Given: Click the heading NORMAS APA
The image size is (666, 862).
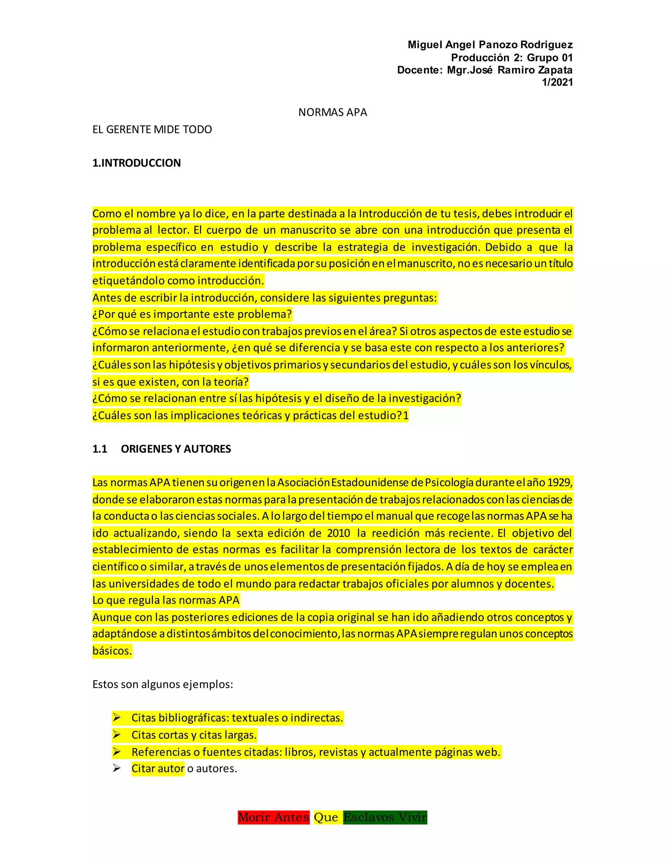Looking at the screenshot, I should [333, 113].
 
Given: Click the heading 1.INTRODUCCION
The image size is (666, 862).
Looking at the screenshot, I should [137, 163].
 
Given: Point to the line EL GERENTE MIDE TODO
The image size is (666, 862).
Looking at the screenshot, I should [152, 129].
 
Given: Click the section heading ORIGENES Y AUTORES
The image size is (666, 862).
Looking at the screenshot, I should [176, 449].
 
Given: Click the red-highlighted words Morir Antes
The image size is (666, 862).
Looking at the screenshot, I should [273, 817].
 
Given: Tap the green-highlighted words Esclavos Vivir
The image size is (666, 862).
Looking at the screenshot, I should [385, 817].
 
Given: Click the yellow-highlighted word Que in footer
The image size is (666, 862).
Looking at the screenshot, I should [326, 817].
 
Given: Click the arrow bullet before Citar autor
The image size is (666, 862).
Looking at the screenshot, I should [116, 768].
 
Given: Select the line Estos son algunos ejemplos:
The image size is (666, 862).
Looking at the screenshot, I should [163, 684].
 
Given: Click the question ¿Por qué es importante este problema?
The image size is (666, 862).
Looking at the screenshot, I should [192, 314].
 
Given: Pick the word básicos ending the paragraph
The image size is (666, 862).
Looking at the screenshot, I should [112, 651].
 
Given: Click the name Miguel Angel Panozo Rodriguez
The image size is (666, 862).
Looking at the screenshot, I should [490, 45].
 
